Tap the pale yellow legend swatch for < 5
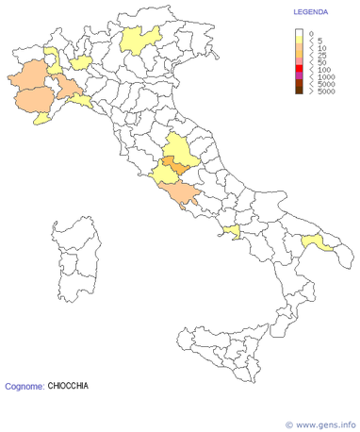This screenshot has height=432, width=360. coord(300,41)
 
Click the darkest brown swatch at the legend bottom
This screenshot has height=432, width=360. coord(300,91)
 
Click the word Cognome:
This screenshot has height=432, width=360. coord(24,386)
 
